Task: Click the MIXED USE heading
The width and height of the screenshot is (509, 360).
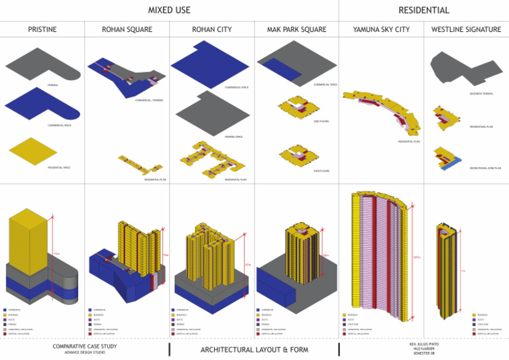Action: click(x=169, y=10)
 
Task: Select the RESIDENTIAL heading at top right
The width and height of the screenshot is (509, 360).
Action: click(x=424, y=10)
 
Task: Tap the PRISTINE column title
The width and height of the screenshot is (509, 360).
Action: click(x=42, y=30)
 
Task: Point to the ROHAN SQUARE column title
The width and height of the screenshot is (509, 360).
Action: click(x=127, y=30)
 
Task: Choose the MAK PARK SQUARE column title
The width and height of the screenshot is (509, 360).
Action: click(x=296, y=30)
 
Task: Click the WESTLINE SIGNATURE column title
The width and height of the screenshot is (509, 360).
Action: click(x=466, y=30)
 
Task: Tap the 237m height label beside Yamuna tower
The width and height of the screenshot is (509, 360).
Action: click(x=416, y=257)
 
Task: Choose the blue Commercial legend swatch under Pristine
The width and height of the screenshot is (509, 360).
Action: click(x=5, y=310)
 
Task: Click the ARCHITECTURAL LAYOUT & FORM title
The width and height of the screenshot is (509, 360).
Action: click(x=254, y=349)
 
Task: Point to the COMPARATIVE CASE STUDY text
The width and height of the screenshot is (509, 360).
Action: click(x=84, y=346)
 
